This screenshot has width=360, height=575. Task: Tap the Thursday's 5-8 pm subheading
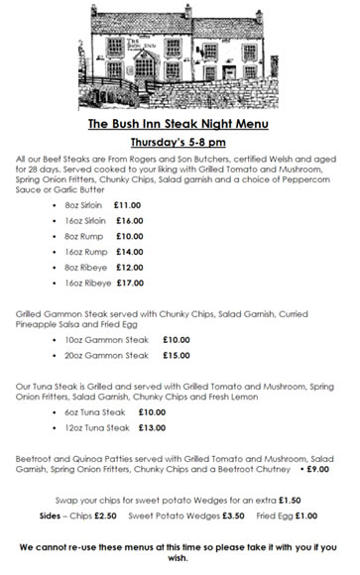[180, 142]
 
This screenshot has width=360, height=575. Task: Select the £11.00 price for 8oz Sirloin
[129, 205]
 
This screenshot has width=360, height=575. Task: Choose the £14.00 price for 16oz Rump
[129, 253]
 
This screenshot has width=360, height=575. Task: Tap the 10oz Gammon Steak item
[106, 340]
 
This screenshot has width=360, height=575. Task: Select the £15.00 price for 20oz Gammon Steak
[177, 355]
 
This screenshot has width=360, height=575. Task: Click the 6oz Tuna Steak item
[96, 411]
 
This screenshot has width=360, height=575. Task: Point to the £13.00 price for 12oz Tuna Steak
[153, 427]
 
